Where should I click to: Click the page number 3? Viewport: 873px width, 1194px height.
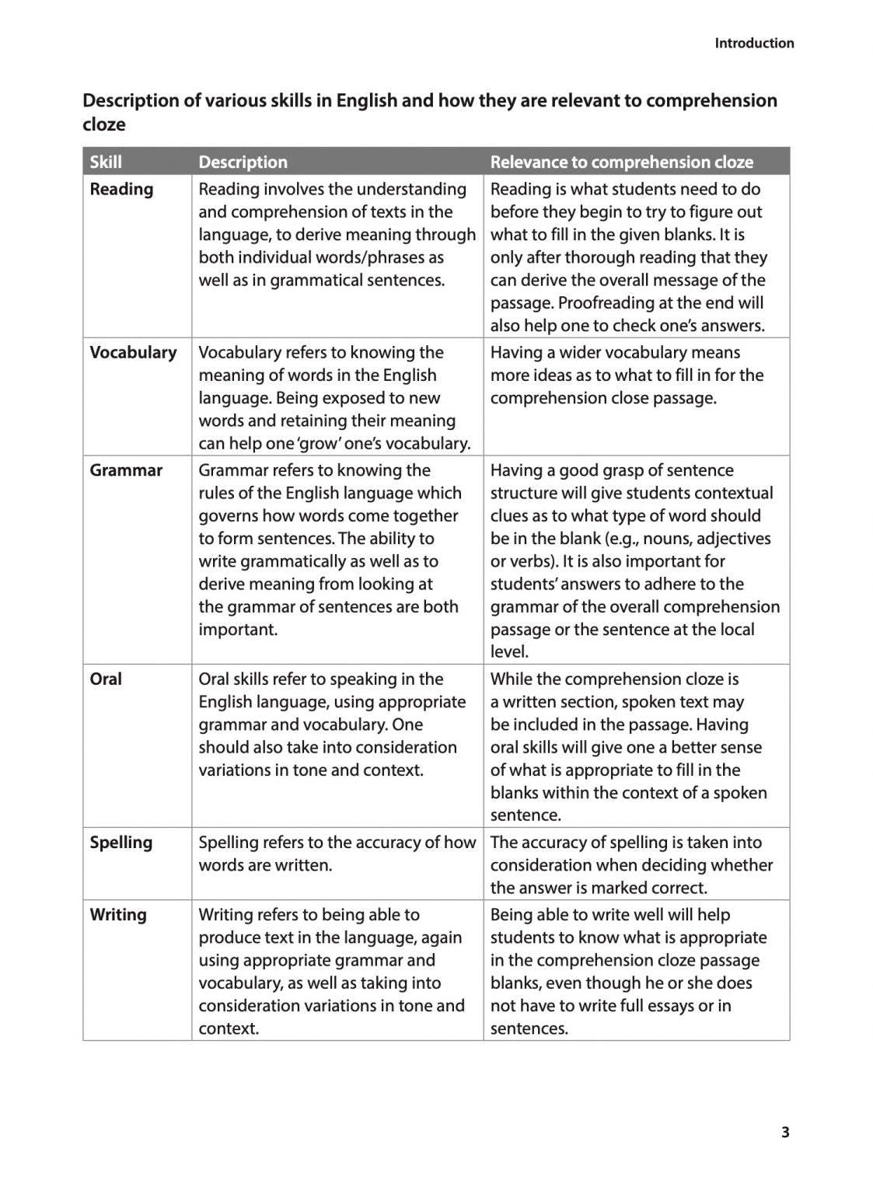(785, 1132)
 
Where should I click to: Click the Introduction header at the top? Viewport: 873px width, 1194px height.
(754, 44)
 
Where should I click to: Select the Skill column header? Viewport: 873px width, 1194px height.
(106, 162)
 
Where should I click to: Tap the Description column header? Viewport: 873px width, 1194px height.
(243, 162)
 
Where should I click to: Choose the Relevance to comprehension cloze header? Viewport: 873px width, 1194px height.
(621, 162)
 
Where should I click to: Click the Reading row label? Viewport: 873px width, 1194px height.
(121, 189)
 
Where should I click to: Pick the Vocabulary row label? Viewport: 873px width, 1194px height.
(133, 352)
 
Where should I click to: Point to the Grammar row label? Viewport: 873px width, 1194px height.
(126, 470)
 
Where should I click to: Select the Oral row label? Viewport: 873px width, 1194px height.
(106, 679)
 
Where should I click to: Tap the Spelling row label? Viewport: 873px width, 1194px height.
(120, 842)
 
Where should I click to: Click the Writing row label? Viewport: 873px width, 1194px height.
(117, 914)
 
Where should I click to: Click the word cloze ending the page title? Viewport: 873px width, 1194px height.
(104, 124)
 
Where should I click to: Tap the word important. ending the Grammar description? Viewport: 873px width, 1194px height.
(238, 630)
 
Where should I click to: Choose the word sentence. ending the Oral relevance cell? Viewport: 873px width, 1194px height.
(526, 815)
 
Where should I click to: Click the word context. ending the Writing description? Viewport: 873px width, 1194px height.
(229, 1028)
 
